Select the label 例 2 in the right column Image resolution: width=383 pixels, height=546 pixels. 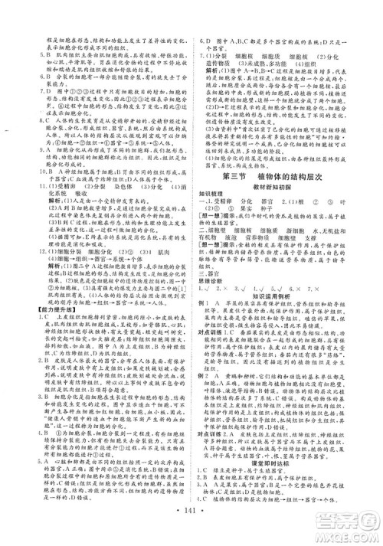click(x=203, y=376)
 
